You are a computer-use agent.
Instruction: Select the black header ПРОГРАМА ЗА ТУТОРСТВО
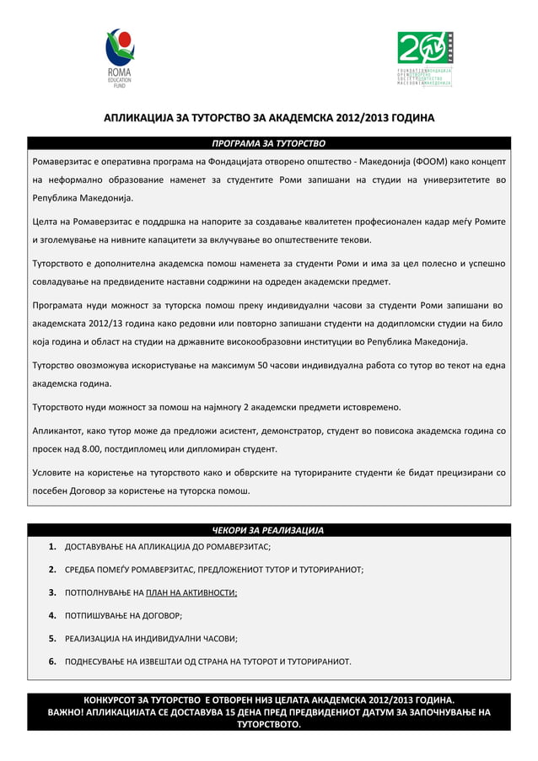(x=268, y=143)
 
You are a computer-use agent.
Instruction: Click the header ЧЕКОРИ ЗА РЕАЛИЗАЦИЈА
(x=268, y=530)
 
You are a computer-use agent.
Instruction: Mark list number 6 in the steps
(x=51, y=662)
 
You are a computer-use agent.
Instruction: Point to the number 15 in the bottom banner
(x=233, y=712)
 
